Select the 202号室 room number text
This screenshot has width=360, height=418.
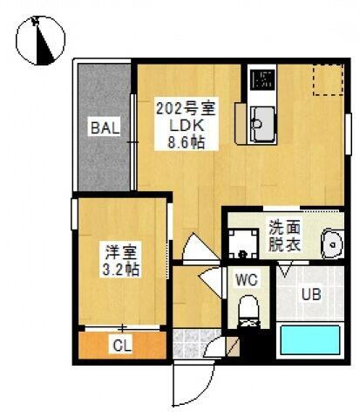[186, 109]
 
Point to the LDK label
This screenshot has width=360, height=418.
[185, 125]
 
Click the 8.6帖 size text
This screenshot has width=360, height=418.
[186, 141]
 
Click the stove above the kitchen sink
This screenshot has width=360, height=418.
[260, 80]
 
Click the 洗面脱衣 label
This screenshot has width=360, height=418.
[284, 235]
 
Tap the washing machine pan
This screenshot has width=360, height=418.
[239, 243]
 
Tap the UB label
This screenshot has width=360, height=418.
[310, 295]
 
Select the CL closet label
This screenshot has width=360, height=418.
[122, 344]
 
